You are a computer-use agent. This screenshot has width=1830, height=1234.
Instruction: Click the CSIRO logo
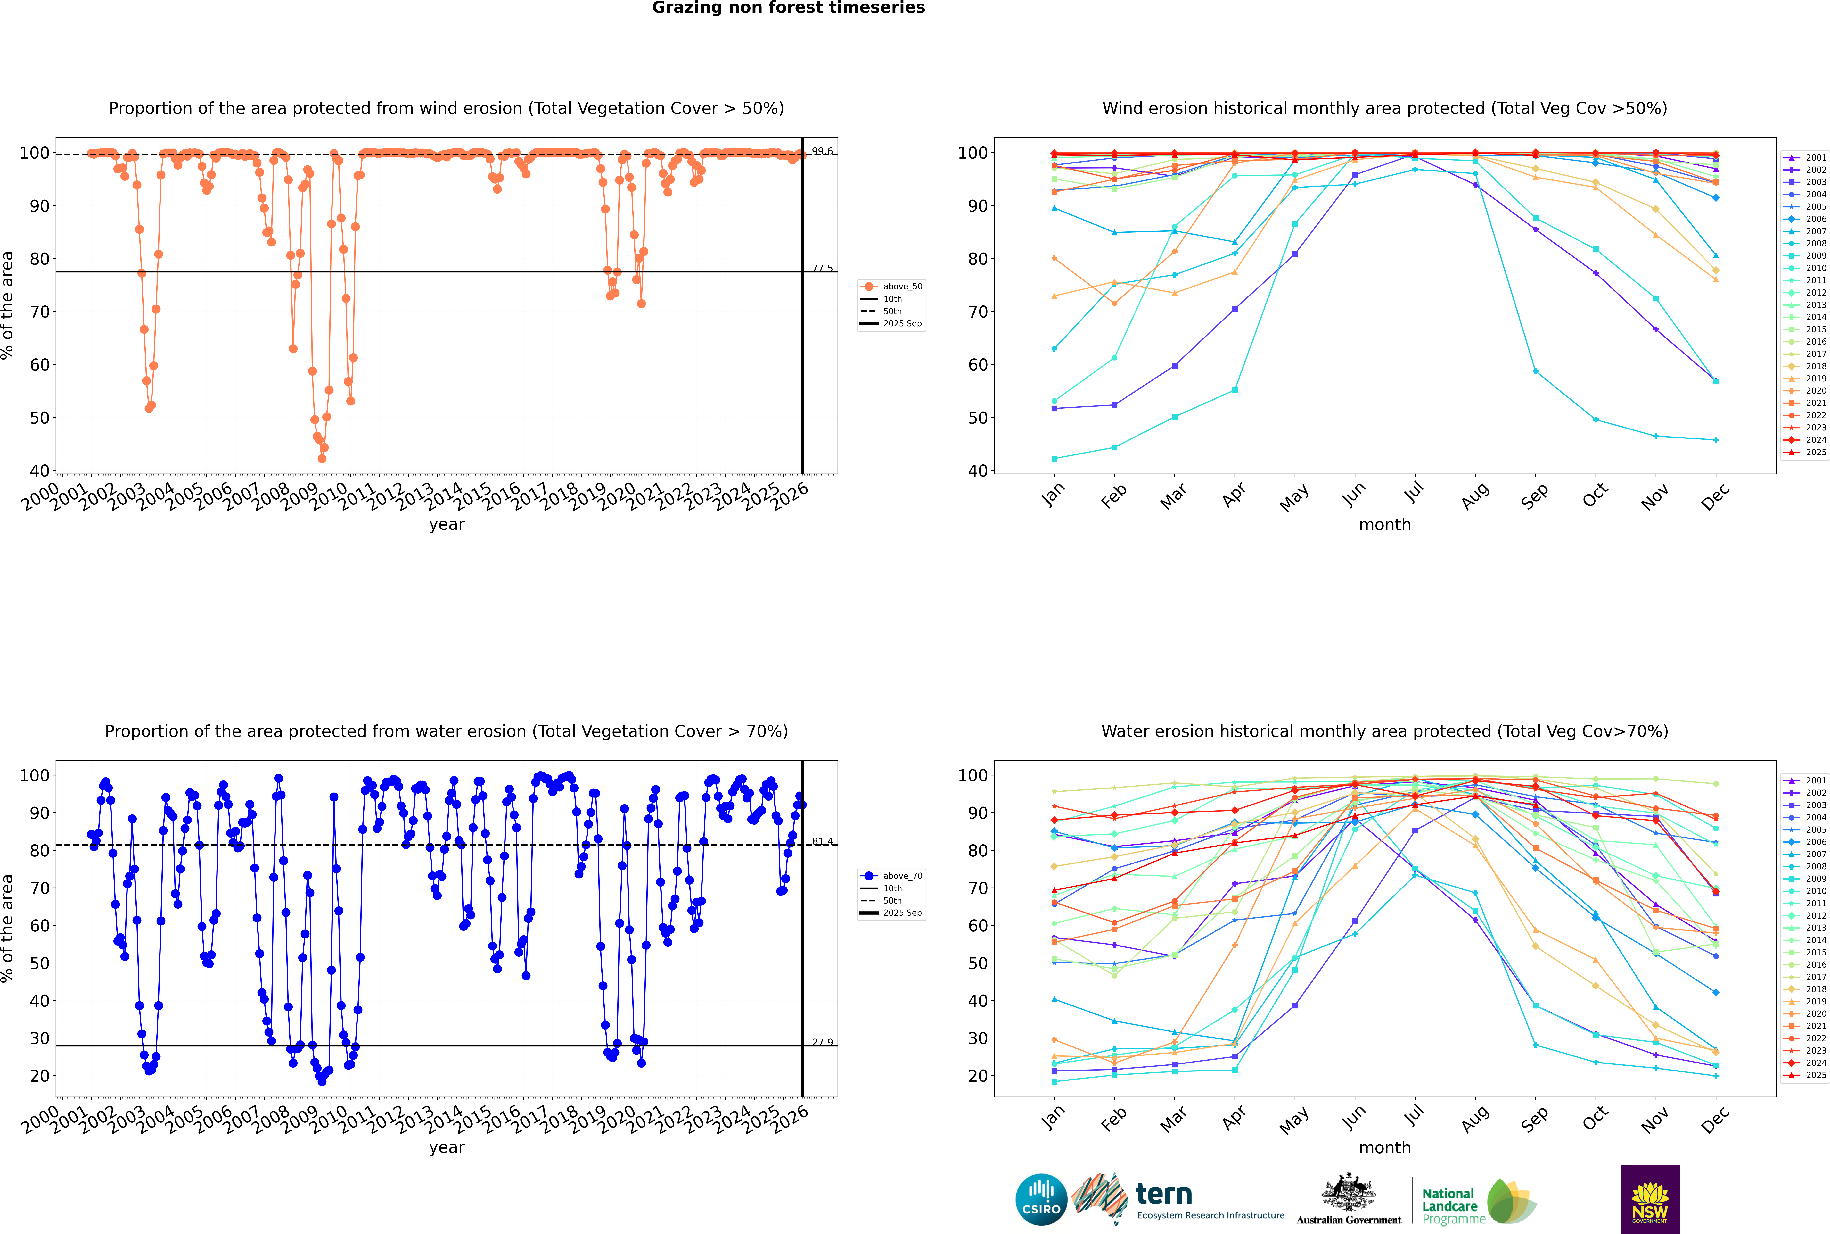(x=1041, y=1199)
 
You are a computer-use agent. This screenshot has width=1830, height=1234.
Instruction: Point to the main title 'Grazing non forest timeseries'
(x=788, y=8)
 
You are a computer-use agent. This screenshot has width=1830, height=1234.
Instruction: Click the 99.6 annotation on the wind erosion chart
(x=822, y=151)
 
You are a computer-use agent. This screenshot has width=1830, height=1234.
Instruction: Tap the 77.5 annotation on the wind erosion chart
(x=822, y=268)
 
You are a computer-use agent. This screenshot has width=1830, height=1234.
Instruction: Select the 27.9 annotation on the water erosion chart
(x=822, y=1042)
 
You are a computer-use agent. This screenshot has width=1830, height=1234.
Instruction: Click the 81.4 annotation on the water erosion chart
(x=822, y=841)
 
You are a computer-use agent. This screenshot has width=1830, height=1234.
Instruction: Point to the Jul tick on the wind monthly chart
(x=1414, y=493)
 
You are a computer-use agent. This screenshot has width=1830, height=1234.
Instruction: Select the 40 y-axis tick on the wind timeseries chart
(x=39, y=471)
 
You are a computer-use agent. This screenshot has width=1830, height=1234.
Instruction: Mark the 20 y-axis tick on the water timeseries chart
(x=39, y=1076)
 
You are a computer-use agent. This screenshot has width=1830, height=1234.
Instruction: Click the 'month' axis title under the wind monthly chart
(x=1385, y=525)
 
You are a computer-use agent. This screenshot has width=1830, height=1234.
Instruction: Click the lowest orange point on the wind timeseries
(x=322, y=458)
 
